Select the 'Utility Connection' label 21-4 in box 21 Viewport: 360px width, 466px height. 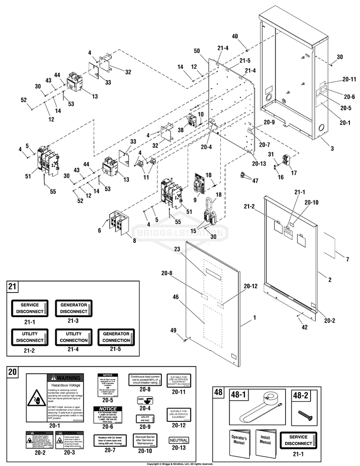[x=73, y=337]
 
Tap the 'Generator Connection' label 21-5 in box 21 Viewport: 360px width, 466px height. [x=116, y=337]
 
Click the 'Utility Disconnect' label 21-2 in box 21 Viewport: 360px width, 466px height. [x=30, y=337]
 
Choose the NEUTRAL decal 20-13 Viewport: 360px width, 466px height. [x=179, y=440]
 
